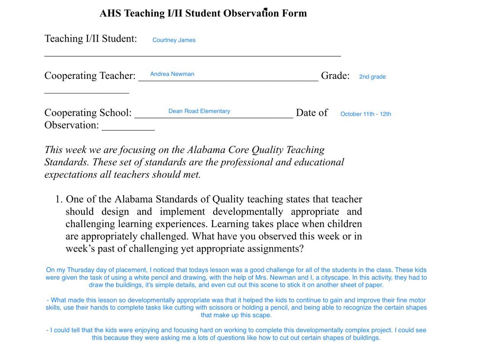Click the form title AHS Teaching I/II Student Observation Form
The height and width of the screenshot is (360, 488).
(203, 13)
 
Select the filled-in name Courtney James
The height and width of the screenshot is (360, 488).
(174, 40)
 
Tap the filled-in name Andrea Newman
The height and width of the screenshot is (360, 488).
(172, 74)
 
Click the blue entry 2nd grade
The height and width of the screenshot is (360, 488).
(372, 77)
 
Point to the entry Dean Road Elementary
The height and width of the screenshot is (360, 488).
(199, 111)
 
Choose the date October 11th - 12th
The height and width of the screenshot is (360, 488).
(366, 114)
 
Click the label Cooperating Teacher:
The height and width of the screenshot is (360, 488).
(90, 75)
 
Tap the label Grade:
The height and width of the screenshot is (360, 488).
(335, 75)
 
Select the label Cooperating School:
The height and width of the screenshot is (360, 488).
(88, 113)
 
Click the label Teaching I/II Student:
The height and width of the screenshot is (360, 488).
(91, 38)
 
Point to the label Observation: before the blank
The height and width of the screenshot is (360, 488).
(72, 125)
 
